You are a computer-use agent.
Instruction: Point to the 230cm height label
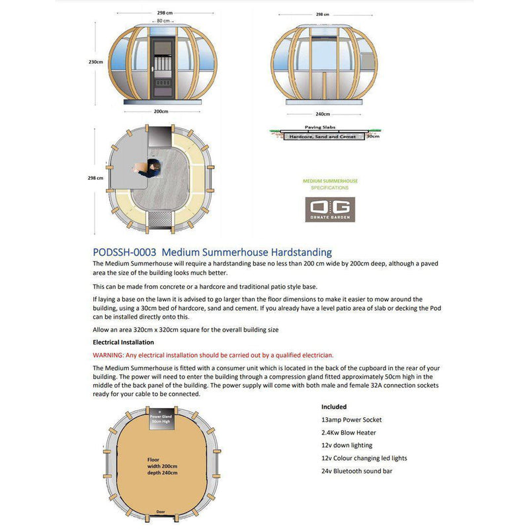point(95,61)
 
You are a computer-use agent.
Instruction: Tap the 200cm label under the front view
point(161,111)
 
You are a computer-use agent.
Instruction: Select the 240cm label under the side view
point(323,113)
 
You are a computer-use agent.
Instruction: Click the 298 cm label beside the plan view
point(95,178)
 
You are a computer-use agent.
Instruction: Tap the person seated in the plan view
point(151,168)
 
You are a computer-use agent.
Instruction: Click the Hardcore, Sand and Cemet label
point(321,137)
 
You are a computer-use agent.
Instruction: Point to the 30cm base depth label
point(374,137)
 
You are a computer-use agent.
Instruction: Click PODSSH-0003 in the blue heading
point(124,252)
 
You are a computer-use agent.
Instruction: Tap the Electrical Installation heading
point(123,343)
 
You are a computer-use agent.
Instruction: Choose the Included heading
point(334,407)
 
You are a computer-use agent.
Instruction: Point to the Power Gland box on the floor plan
point(161,418)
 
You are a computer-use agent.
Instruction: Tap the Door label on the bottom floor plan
point(161,512)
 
